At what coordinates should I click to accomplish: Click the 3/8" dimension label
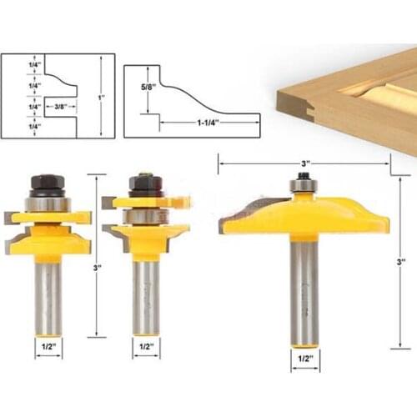click(x=59, y=106)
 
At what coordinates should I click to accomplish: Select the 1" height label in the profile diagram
click(x=101, y=97)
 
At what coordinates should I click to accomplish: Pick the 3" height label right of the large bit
click(x=401, y=261)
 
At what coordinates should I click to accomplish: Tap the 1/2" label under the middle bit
click(x=146, y=344)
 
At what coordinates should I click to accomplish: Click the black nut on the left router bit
click(x=47, y=183)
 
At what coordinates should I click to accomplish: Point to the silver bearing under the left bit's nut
click(x=47, y=203)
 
